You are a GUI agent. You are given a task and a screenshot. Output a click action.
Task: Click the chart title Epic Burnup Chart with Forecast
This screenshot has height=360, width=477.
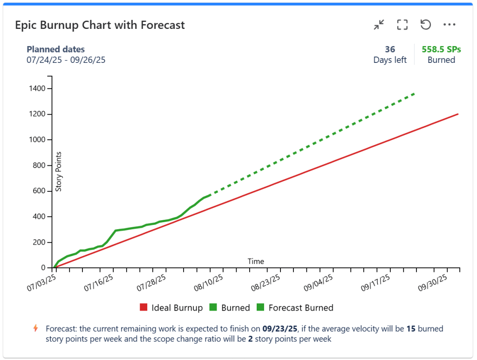(100, 25)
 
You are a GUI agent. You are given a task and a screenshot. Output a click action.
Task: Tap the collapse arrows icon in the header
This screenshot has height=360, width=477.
(379, 25)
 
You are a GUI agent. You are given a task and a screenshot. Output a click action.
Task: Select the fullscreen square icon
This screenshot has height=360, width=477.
(402, 25)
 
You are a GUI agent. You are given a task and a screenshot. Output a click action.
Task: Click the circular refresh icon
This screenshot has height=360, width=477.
(425, 25)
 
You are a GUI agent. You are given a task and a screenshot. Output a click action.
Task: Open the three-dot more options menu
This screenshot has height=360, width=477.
(449, 25)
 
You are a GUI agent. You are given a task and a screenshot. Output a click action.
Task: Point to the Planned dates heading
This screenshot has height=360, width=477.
(55, 49)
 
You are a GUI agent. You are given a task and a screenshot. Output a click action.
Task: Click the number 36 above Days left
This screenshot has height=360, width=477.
(390, 49)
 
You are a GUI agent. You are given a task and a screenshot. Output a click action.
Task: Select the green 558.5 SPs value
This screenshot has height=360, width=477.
(441, 49)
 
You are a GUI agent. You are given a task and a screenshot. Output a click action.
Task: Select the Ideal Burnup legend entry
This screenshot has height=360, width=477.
(171, 308)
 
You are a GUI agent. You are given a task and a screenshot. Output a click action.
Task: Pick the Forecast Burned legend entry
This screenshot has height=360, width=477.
(295, 308)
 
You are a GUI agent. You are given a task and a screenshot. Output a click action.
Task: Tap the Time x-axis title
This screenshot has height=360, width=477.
(256, 261)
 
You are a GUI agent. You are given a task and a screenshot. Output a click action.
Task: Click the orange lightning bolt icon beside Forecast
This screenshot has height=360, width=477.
(36, 328)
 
